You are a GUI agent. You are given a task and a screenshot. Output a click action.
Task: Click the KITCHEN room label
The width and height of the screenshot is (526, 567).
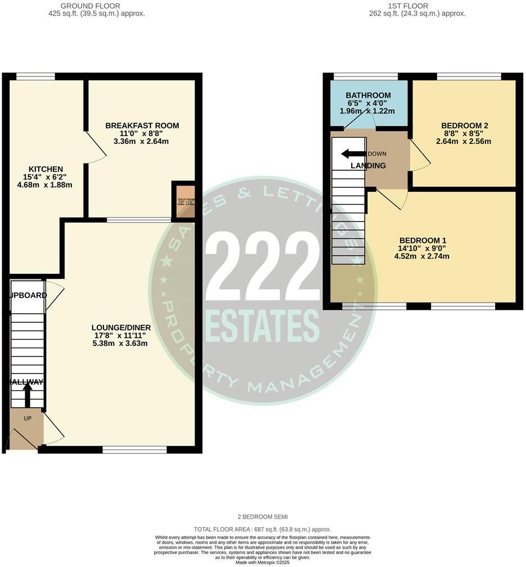(46, 169)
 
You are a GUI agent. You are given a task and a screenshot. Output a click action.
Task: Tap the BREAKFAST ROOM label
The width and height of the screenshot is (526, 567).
(142, 125)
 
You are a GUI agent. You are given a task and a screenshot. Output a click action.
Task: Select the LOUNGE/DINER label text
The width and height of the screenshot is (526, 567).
(121, 327)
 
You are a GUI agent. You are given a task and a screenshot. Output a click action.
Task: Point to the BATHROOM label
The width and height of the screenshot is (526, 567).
(368, 95)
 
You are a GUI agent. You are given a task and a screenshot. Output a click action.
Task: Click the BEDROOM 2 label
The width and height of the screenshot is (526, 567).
(464, 125)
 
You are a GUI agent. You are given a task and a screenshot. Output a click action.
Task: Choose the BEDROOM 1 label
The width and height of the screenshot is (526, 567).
(423, 240)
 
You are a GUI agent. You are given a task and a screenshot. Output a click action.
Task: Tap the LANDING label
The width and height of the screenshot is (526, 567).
(368, 165)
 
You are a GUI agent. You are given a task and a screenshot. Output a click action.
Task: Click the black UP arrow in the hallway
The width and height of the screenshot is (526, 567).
(27, 395)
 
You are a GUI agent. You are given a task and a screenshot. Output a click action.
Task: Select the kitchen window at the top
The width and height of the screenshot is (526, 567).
(35, 76)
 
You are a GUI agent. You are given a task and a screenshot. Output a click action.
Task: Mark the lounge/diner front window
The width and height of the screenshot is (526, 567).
(135, 449)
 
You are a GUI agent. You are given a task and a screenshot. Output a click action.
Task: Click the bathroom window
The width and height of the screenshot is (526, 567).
(366, 76)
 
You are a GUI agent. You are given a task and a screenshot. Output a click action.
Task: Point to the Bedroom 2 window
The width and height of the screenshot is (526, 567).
(469, 76)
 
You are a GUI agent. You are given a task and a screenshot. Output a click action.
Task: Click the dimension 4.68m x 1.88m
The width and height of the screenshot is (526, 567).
(46, 184)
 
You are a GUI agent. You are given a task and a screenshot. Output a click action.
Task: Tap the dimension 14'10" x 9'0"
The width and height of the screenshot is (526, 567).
(423, 248)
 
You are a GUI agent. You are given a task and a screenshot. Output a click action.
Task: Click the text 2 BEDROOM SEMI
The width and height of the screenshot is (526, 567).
(262, 516)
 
